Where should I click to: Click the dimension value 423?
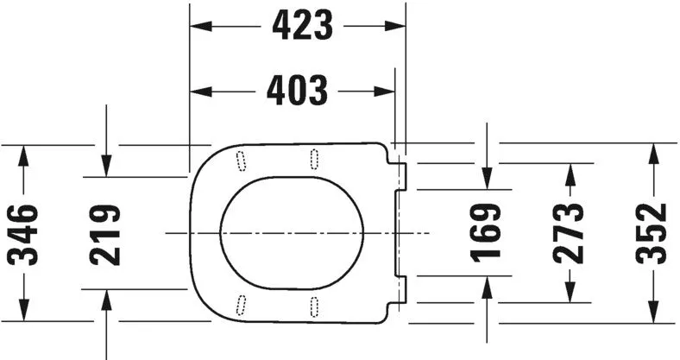click(302, 26)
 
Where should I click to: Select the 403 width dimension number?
click(296, 90)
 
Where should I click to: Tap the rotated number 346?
click(23, 234)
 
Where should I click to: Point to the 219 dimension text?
click(105, 234)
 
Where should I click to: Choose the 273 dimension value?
click(570, 232)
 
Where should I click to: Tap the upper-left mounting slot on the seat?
click(240, 159)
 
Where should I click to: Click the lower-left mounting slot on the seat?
click(241, 304)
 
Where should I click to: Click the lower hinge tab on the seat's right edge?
click(401, 288)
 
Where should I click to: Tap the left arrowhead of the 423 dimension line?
click(198, 26)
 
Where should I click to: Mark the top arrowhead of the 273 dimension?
click(570, 170)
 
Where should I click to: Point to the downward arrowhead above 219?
click(105, 169)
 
